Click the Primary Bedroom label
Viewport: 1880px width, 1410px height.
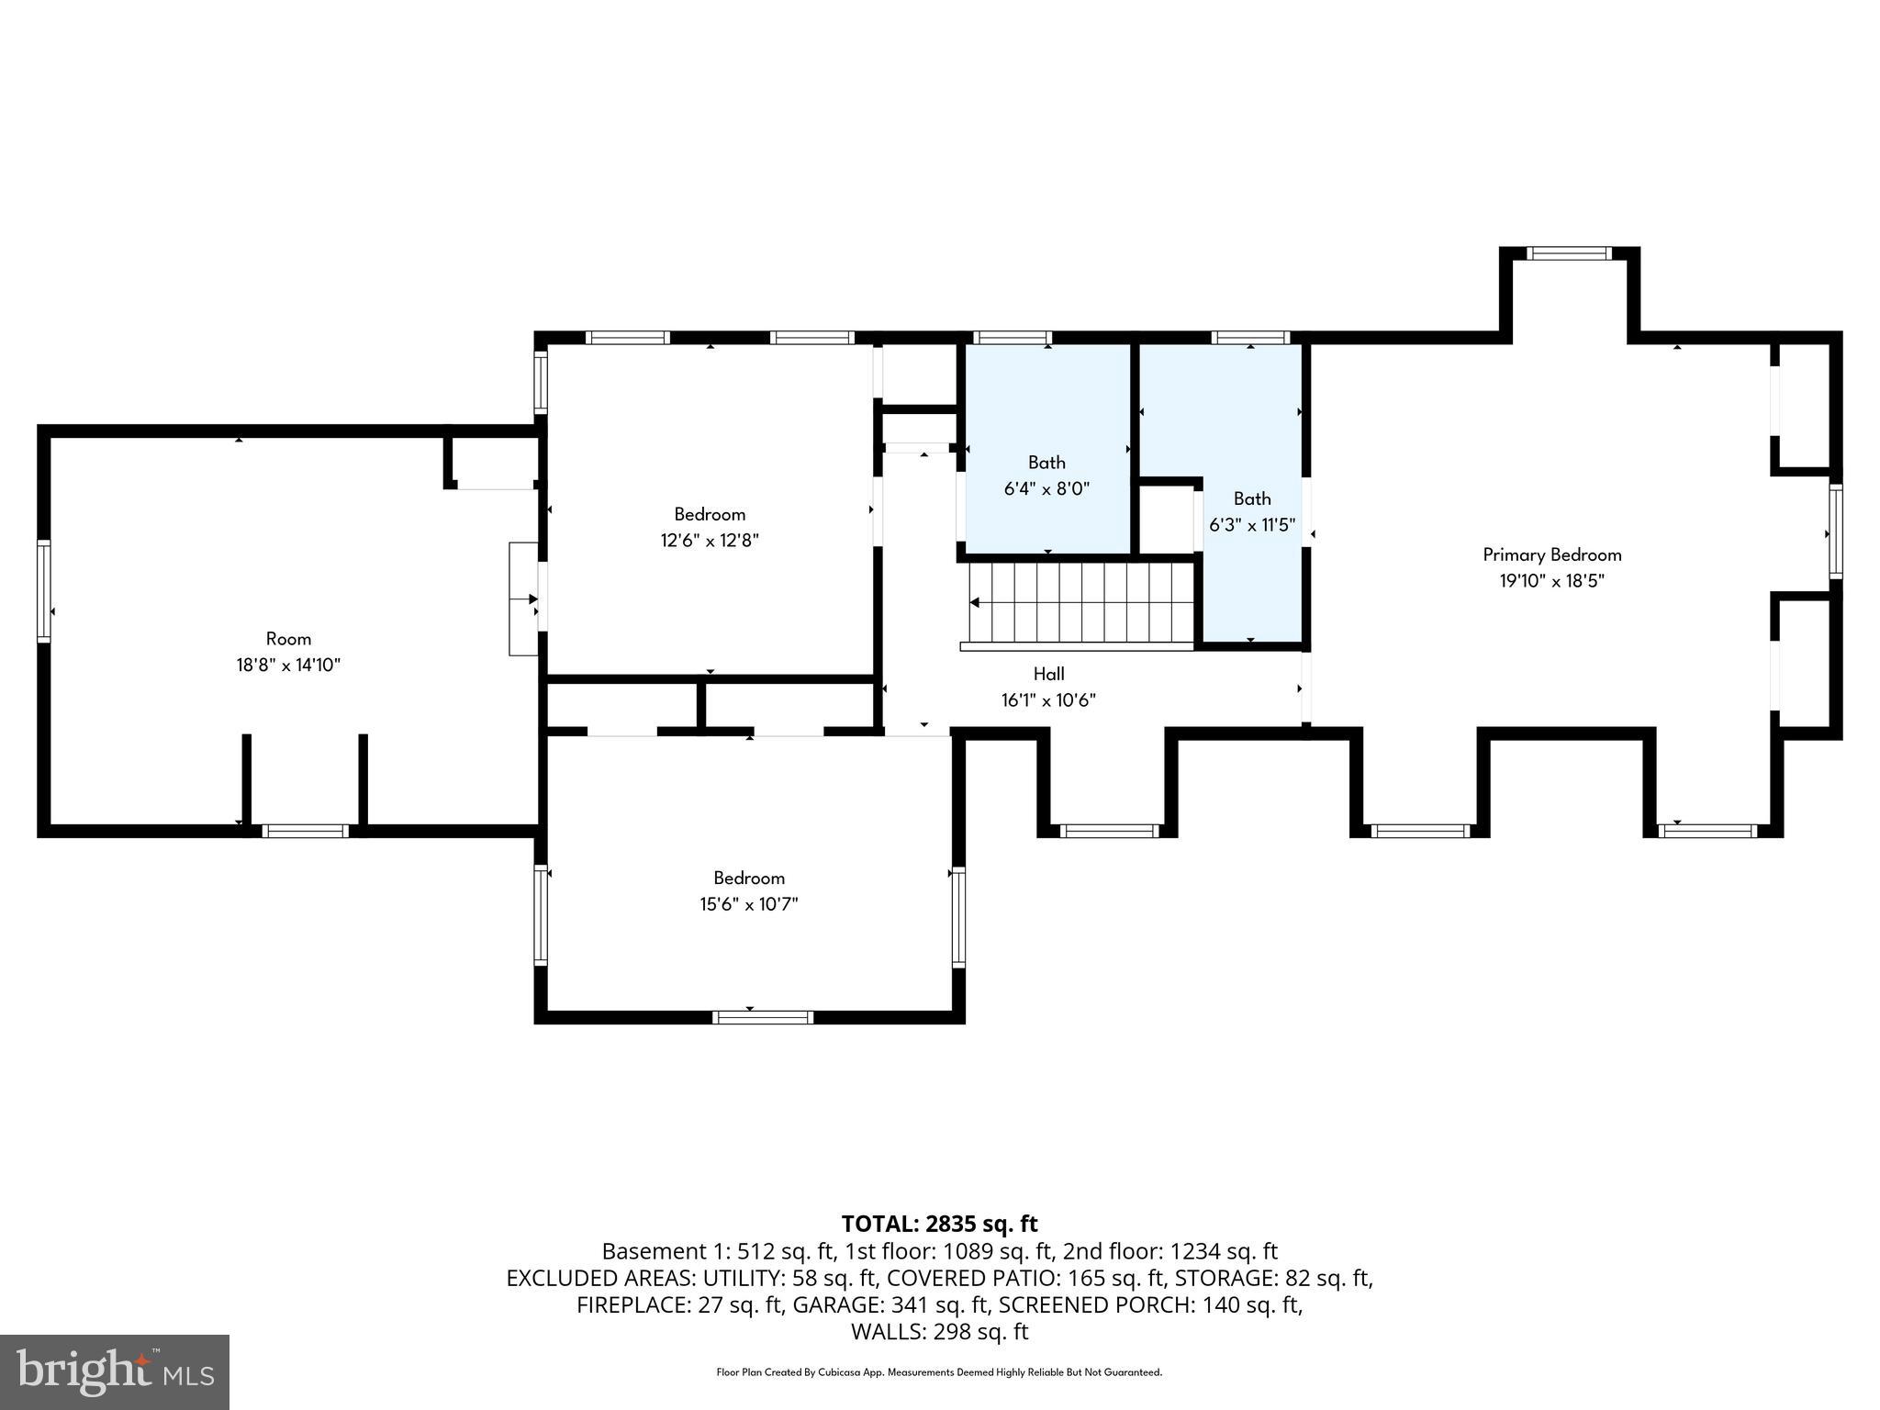(x=1551, y=554)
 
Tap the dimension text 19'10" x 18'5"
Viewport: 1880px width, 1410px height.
(x=1551, y=581)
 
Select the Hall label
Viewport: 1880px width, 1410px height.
(x=1048, y=674)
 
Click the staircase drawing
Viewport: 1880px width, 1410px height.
(x=1081, y=603)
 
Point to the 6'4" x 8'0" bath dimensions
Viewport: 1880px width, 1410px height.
(x=1046, y=488)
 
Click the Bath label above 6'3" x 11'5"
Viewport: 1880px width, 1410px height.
(x=1251, y=498)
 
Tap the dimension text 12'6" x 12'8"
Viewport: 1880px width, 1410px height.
(x=710, y=541)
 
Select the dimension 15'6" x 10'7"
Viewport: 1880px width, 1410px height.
(x=748, y=904)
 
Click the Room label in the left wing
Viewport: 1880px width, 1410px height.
(x=288, y=639)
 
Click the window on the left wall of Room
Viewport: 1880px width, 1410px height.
(x=43, y=591)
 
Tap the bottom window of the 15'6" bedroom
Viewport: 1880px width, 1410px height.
(x=763, y=1017)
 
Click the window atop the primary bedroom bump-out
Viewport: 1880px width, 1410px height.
(x=1569, y=253)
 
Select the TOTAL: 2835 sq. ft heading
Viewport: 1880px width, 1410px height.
(x=939, y=1224)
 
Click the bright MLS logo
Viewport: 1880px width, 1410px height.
(x=114, y=1371)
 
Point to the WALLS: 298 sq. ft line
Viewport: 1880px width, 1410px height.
(x=939, y=1331)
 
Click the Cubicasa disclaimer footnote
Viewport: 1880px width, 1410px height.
(x=939, y=1372)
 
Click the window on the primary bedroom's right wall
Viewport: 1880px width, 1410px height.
(x=1835, y=532)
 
